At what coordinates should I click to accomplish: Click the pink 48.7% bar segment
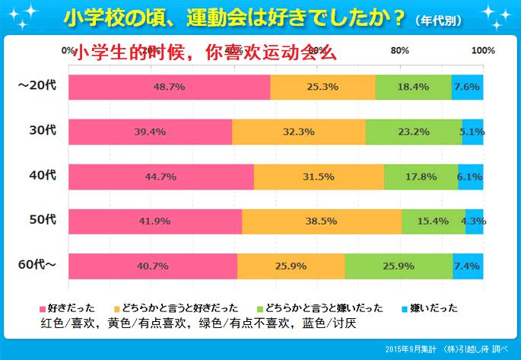(170, 88)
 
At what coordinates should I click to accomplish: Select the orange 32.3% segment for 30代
(298, 132)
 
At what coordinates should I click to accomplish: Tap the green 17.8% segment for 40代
(421, 177)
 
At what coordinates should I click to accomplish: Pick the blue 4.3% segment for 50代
(474, 221)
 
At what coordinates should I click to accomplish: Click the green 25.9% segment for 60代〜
(399, 266)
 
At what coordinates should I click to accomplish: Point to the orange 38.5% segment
(321, 221)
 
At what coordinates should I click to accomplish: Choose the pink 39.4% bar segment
(150, 132)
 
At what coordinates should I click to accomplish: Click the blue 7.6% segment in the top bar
(467, 88)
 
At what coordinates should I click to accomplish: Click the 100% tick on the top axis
(483, 51)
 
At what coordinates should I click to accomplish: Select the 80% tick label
(400, 51)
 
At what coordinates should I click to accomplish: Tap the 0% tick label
(68, 51)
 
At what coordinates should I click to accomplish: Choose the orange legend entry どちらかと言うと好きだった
(175, 308)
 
